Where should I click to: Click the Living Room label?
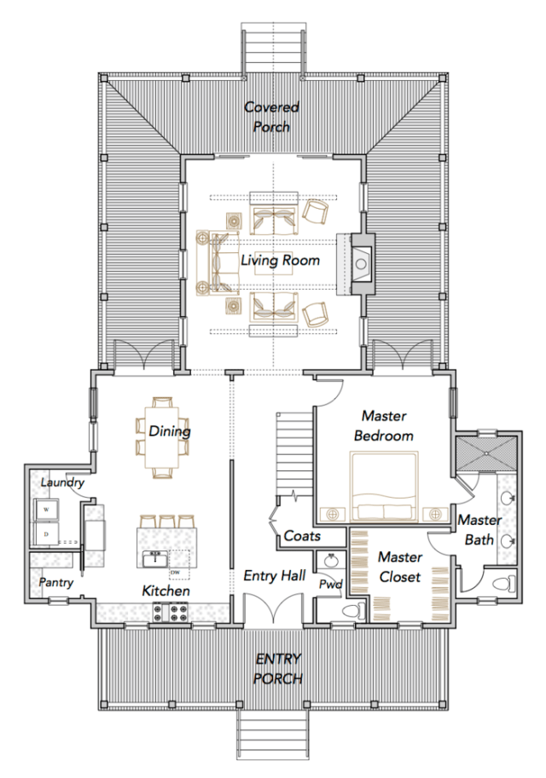[x=279, y=260]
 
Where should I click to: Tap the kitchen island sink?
[x=156, y=559]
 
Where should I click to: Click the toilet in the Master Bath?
[x=509, y=584]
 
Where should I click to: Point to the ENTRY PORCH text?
[x=278, y=669]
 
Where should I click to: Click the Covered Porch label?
[x=271, y=117]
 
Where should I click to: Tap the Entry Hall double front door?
[x=272, y=611]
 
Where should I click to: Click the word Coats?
[x=302, y=536]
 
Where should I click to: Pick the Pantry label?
[x=55, y=583]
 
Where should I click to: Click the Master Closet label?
[x=400, y=567]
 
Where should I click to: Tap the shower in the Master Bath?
[x=485, y=452]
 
